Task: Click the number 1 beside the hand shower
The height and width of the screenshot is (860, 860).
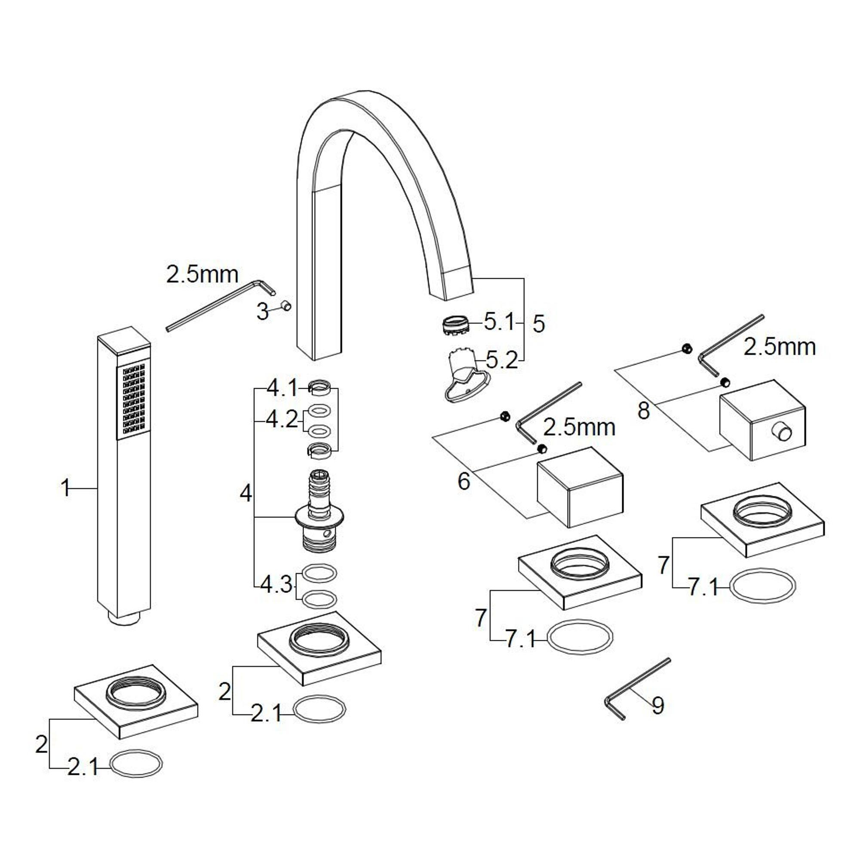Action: pos(65,488)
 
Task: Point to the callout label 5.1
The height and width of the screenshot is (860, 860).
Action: pos(498,322)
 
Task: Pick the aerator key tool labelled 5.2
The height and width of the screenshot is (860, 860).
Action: pos(464,377)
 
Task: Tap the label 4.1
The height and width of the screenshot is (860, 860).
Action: pos(282,389)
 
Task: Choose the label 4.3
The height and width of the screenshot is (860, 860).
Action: pos(276,585)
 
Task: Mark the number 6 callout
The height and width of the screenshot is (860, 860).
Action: pos(464,481)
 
